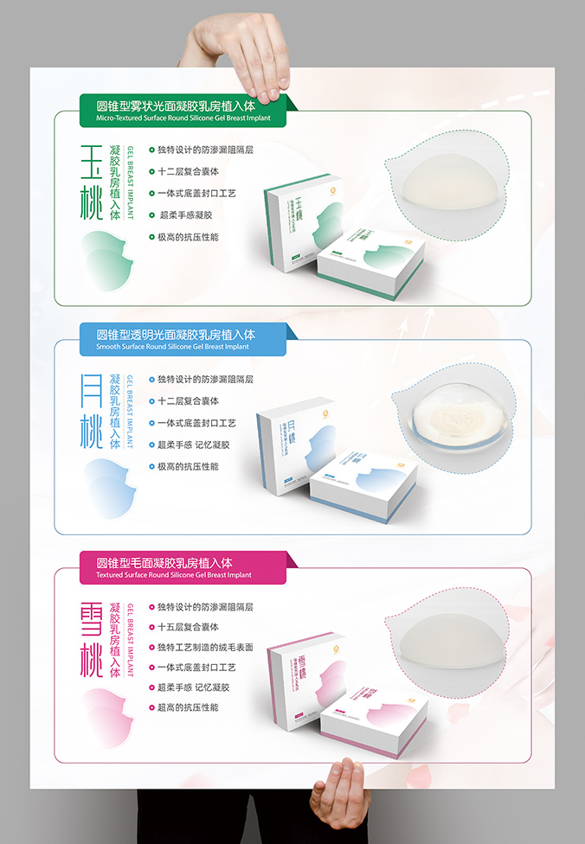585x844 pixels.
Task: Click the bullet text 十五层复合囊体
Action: (188, 627)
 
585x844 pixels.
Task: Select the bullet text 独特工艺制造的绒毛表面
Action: (205, 647)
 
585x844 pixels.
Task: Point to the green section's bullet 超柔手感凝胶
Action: (184, 214)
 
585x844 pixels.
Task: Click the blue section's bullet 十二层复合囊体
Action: (188, 401)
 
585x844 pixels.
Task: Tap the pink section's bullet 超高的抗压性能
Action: (188, 707)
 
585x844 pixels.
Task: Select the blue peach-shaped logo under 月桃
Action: (109, 488)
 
